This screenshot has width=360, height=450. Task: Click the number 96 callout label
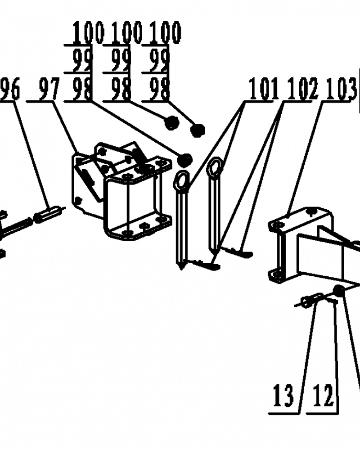(x=11, y=89)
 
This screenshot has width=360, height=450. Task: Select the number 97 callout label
(x=49, y=89)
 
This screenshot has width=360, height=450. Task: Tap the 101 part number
(x=264, y=89)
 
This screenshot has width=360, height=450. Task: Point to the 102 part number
(x=302, y=89)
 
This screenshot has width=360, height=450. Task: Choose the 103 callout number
(x=341, y=89)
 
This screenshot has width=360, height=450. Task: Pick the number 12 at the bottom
(x=323, y=396)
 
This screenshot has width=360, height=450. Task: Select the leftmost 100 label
(x=88, y=32)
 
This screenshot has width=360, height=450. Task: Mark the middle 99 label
(x=121, y=61)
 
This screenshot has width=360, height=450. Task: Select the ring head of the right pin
(x=215, y=166)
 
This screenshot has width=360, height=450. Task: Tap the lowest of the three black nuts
(x=184, y=160)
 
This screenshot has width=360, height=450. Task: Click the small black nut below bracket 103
(x=339, y=291)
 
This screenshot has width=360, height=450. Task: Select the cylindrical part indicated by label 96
(x=48, y=213)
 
